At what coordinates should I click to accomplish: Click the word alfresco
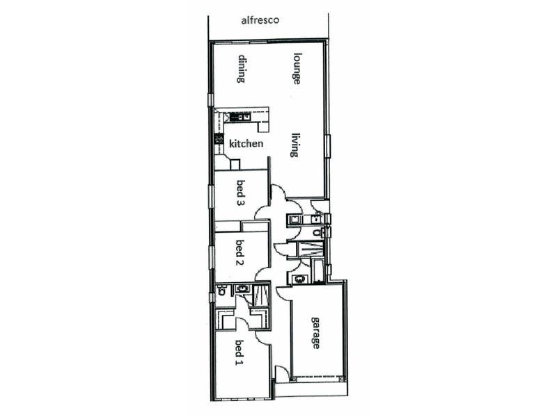click(260, 20)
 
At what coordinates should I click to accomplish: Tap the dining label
click(242, 69)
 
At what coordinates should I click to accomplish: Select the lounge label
click(297, 68)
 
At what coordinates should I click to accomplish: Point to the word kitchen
click(246, 144)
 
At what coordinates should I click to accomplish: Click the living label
click(296, 145)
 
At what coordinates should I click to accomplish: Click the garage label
click(315, 332)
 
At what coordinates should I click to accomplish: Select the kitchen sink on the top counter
click(240, 116)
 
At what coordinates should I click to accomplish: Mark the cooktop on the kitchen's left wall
click(218, 139)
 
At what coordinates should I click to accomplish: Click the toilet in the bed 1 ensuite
click(221, 291)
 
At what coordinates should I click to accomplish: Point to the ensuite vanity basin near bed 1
click(243, 288)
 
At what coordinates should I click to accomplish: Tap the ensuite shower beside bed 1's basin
click(262, 295)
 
